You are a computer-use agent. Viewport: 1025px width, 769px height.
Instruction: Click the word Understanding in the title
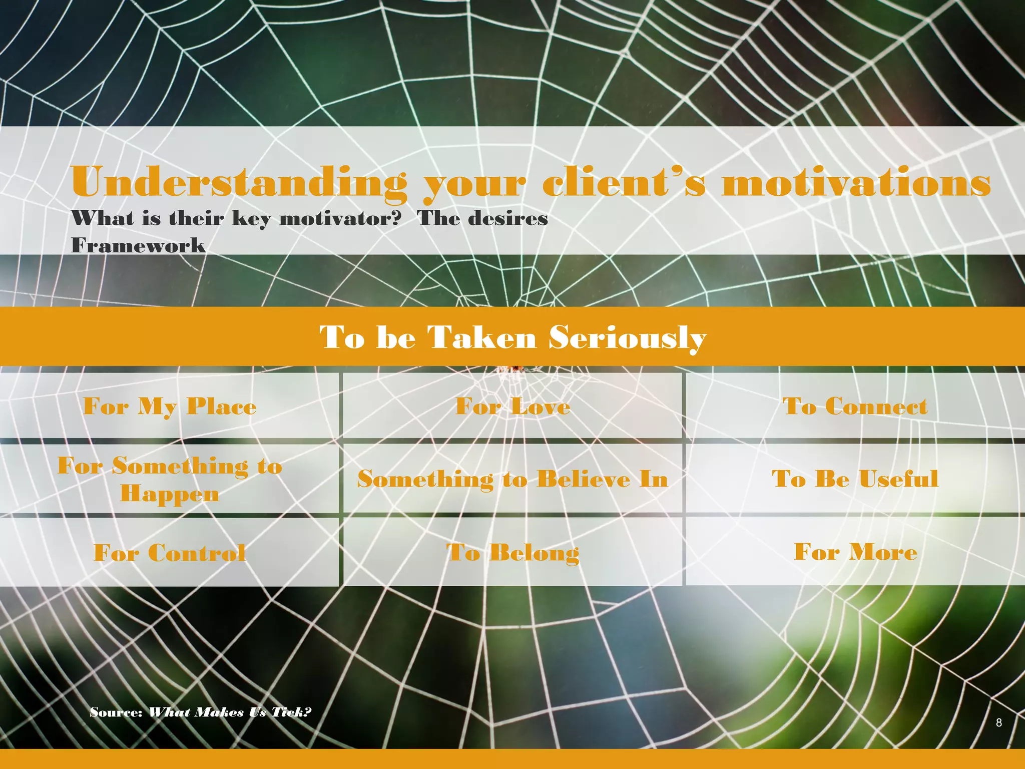(239, 182)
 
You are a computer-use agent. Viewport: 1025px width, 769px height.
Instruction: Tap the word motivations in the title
(856, 182)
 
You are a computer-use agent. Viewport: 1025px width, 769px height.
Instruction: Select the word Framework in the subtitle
(138, 245)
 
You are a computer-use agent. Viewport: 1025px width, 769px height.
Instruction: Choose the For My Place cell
(170, 406)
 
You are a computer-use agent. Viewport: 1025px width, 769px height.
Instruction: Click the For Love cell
(512, 406)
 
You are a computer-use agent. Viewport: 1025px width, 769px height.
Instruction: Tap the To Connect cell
(855, 406)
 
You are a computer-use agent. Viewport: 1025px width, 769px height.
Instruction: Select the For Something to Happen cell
(170, 479)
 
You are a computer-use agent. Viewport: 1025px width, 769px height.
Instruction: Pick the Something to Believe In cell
(512, 479)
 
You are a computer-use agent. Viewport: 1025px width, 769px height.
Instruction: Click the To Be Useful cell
(855, 479)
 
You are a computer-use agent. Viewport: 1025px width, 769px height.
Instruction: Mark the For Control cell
(170, 553)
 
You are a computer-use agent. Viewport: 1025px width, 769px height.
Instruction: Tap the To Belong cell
(512, 553)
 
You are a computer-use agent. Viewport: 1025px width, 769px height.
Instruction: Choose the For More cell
(855, 552)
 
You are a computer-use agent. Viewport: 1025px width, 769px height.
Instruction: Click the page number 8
(998, 722)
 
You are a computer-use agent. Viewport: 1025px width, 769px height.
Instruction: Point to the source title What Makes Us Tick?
(230, 712)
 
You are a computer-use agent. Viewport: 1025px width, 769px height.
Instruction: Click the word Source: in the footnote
(117, 712)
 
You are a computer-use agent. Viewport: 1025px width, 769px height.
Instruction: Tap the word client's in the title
(624, 182)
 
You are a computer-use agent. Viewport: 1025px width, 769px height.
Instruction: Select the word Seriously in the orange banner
(627, 337)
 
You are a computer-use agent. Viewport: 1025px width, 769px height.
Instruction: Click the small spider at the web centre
(516, 369)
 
